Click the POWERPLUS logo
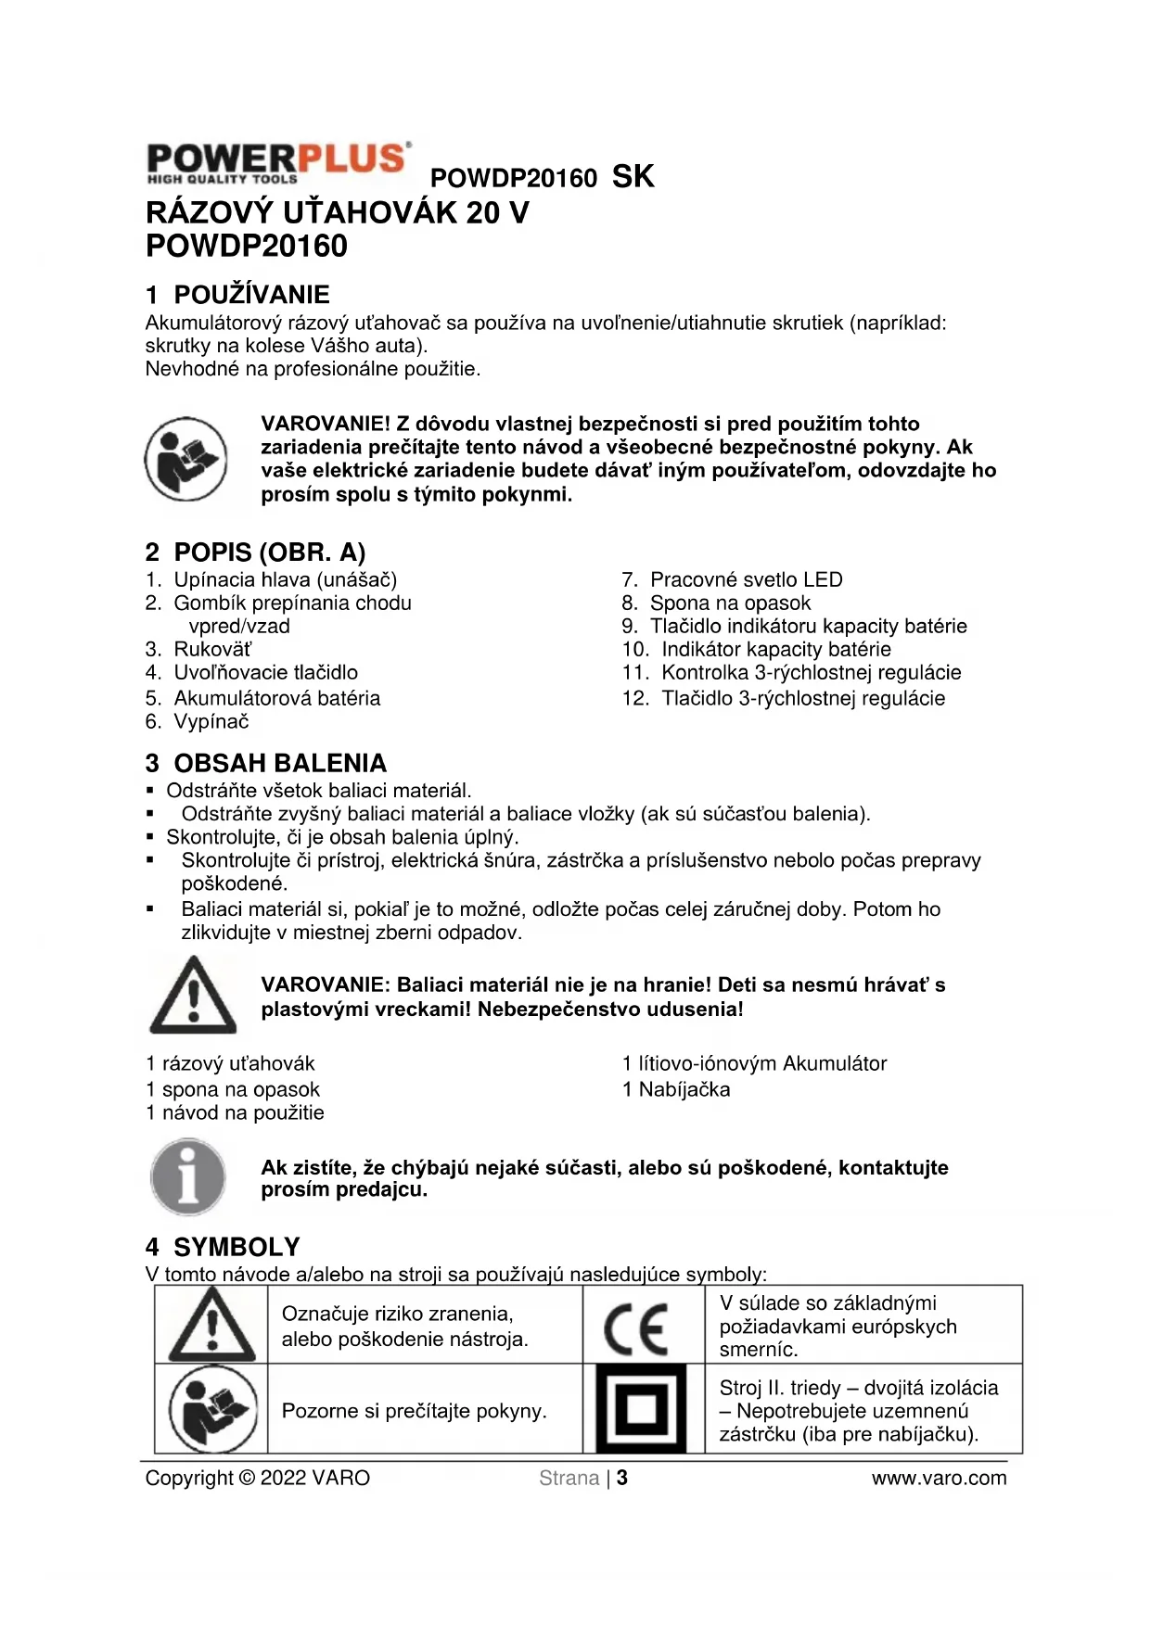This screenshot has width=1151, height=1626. (277, 163)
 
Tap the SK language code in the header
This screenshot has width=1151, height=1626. (633, 176)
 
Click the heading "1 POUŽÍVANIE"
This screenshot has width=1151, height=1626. (237, 295)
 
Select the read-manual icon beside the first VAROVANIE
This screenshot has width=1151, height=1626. (185, 460)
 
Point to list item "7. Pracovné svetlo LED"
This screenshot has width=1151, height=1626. (732, 579)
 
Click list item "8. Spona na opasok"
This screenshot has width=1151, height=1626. (716, 603)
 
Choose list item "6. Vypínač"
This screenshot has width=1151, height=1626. (198, 721)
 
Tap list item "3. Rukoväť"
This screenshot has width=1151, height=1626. (198, 649)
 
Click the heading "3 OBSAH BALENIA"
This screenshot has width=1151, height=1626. (266, 763)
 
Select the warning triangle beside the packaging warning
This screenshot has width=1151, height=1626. (193, 996)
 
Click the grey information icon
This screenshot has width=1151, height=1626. (188, 1177)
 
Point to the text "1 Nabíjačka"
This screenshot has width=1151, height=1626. (676, 1089)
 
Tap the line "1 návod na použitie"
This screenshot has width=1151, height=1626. (236, 1112)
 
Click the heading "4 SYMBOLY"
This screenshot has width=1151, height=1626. (224, 1247)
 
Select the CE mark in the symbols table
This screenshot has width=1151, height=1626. (636, 1329)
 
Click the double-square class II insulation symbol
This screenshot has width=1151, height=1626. (641, 1409)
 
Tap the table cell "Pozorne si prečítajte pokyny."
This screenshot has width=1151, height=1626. (415, 1411)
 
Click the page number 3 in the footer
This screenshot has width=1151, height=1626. (622, 1478)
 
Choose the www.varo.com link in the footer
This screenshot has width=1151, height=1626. (939, 1478)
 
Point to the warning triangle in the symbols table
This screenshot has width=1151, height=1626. (212, 1326)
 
